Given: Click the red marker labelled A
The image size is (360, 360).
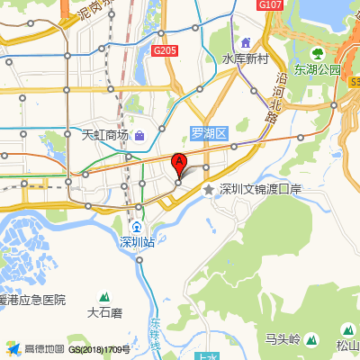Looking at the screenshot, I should [179, 165].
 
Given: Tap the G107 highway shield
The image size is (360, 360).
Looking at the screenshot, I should [269, 5].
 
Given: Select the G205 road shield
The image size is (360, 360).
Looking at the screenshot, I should [164, 51].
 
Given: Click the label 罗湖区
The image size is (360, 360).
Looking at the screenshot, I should [211, 133].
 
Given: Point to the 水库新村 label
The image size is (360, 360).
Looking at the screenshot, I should [247, 58].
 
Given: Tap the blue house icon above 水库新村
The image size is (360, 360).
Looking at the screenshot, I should [246, 43].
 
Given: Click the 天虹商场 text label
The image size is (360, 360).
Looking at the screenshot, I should [105, 135].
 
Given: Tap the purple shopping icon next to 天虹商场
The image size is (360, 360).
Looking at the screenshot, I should [140, 136].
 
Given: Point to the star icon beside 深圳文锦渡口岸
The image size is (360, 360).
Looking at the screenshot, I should [209, 189].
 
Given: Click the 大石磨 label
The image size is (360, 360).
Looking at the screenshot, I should [104, 314].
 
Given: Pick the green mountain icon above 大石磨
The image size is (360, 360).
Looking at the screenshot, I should [104, 298].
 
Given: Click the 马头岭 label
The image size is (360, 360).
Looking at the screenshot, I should [282, 339].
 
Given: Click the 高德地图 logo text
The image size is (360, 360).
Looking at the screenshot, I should [44, 348].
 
